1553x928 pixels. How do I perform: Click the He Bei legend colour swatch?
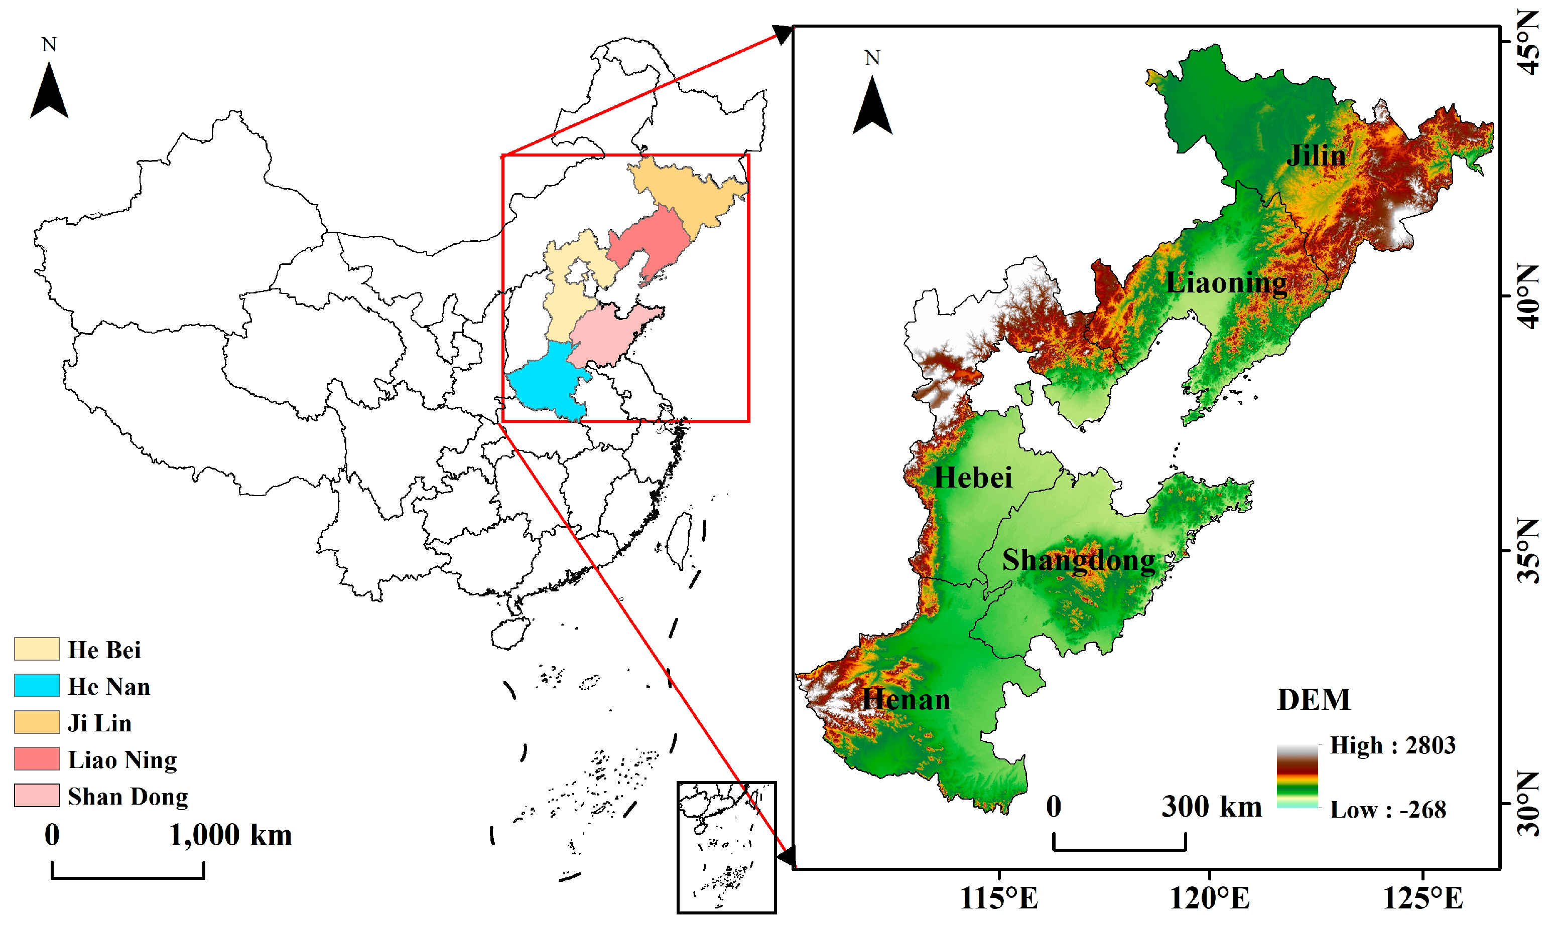point(37,649)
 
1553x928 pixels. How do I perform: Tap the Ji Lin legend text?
point(100,723)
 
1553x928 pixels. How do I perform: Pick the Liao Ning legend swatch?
point(37,758)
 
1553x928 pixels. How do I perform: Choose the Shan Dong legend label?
point(127,796)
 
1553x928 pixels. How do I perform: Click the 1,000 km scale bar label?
point(230,835)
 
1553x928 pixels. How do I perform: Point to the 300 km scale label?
point(1211,806)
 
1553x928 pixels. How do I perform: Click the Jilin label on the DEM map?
point(1316,155)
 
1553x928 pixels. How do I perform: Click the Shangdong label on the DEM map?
point(1079,560)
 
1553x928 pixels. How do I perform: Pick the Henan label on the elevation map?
point(906,699)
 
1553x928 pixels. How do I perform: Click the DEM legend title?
point(1314,700)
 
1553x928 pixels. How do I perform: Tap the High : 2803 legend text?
point(1392,745)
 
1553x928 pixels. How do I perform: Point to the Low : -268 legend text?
point(1388,810)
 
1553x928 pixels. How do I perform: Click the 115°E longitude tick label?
point(999,898)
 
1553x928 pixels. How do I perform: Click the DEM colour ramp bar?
point(1297,776)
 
